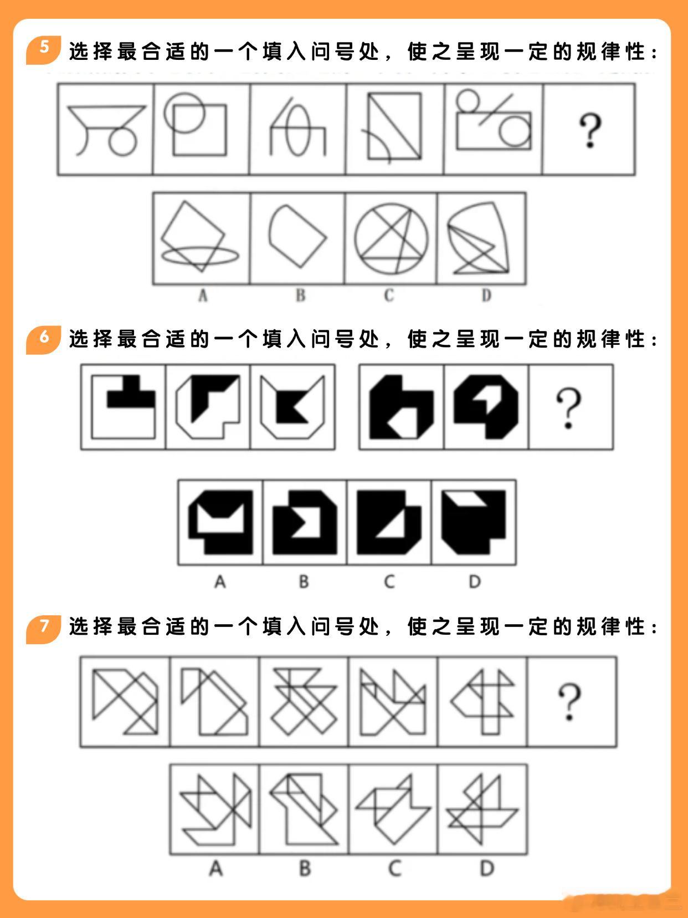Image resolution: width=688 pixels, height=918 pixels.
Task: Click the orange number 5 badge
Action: point(43,50)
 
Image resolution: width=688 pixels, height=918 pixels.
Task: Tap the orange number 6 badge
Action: point(43,340)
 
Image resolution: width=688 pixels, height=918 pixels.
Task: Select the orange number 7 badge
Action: point(43,629)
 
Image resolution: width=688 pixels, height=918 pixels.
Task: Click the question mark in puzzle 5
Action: point(590,130)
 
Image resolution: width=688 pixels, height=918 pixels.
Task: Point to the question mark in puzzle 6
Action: point(568,408)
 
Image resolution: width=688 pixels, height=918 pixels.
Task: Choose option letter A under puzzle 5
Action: point(203,295)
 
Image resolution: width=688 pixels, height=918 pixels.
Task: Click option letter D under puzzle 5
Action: point(486,295)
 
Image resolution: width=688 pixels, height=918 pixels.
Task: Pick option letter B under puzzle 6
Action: point(304,582)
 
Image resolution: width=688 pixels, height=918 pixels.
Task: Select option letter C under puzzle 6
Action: point(389,582)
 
